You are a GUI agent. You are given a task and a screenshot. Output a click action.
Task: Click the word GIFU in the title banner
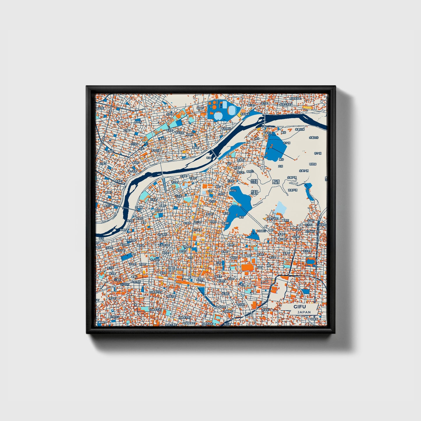[x=300, y=307]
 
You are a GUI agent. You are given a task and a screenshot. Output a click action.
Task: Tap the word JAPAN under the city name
[x=304, y=312]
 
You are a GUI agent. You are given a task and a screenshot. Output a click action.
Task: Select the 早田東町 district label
[x=226, y=128]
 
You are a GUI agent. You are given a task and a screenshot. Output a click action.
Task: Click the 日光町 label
[x=134, y=144]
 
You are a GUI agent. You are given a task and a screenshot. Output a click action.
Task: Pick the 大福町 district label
[x=126, y=130]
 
